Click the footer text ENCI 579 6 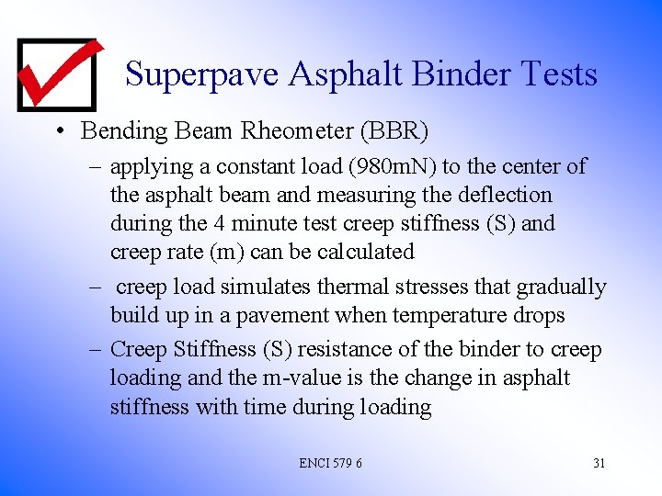pos(330,463)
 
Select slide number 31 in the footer pos(599,463)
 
